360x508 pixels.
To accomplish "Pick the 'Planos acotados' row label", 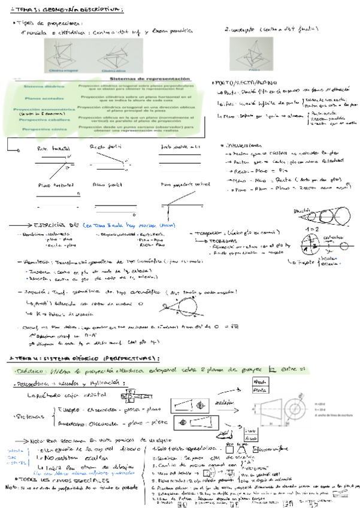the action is coord(41,99).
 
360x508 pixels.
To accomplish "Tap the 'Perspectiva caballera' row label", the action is coord(41,119).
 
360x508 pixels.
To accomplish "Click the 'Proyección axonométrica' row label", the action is coord(41,109).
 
